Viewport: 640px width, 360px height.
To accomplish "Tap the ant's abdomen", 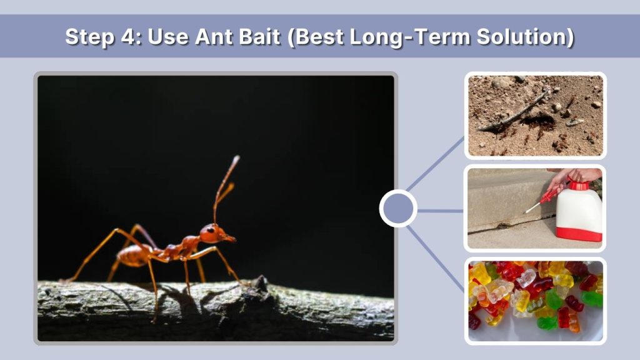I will [132, 255].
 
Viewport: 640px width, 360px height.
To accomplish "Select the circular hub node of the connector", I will [398, 209].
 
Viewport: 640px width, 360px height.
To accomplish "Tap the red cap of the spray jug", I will [578, 186].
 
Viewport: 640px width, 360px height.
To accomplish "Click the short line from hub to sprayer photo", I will [440, 211].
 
